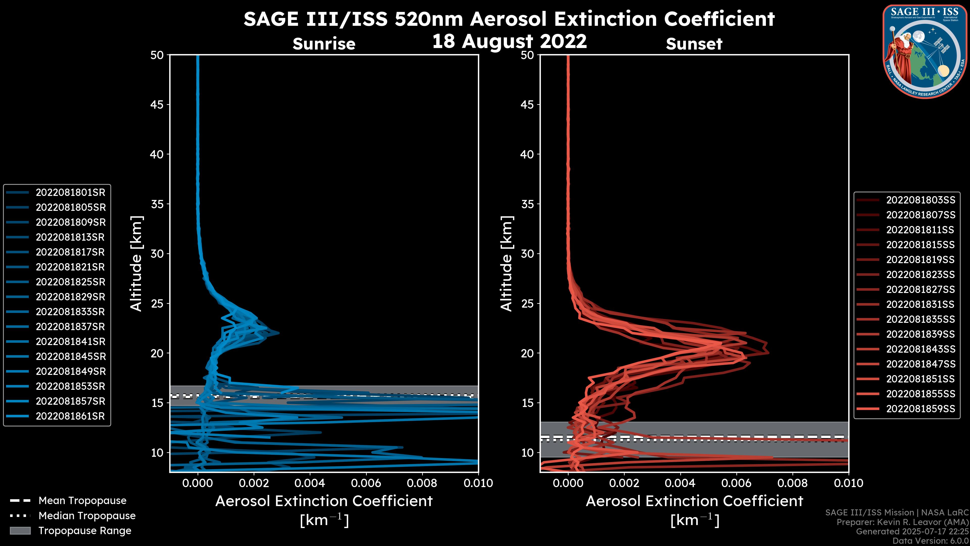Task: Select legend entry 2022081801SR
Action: click(70, 193)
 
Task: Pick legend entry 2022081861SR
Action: click(70, 416)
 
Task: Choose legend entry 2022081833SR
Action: click(70, 312)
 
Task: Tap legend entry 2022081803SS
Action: click(920, 200)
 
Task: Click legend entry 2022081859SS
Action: click(920, 409)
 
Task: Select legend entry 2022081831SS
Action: click(920, 304)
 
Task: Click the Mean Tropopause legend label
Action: click(82, 501)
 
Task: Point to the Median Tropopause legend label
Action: click(87, 516)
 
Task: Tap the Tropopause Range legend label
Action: click(85, 531)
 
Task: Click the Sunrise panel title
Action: click(324, 44)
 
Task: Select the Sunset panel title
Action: click(694, 44)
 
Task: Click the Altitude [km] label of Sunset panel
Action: click(506, 264)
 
